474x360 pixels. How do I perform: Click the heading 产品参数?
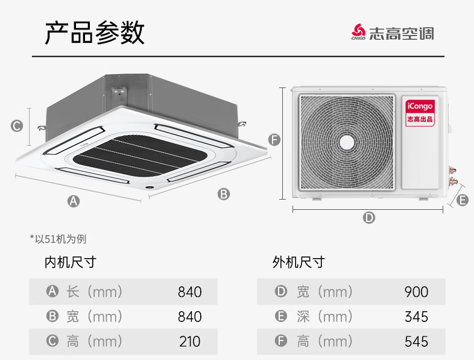[95, 33]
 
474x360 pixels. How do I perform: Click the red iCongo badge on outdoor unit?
[420, 112]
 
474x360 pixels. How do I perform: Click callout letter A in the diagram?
[73, 201]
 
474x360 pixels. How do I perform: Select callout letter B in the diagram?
[224, 194]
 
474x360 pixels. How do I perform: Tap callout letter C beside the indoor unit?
[17, 126]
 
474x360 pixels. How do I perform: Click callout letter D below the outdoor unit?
[369, 218]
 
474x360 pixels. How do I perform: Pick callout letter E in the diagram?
[463, 200]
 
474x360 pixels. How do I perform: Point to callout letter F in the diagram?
[274, 141]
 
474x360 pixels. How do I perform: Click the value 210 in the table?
[189, 341]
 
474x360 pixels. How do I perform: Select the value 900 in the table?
[416, 292]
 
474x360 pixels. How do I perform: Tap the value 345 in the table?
[416, 317]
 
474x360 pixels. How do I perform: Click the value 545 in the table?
[416, 341]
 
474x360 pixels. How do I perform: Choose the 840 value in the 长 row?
[189, 292]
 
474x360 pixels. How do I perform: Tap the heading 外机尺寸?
[299, 262]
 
